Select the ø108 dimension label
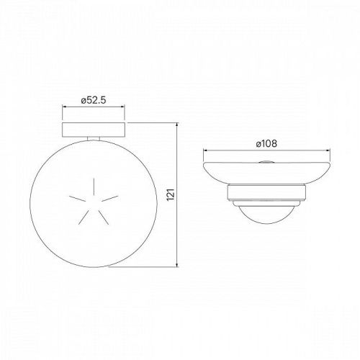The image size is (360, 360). pos(266,143)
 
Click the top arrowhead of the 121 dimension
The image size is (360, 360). pos(178,125)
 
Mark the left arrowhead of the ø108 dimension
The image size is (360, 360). pos(207,150)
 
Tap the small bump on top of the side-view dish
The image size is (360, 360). pos(269,163)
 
